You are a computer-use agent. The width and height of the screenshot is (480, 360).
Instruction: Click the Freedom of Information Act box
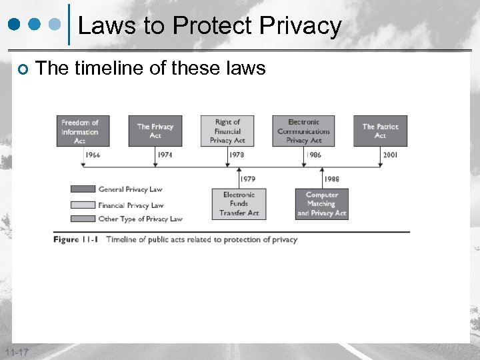(80, 131)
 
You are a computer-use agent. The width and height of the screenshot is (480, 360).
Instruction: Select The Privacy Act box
(155, 131)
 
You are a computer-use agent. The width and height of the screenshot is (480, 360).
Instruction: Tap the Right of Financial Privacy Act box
(227, 131)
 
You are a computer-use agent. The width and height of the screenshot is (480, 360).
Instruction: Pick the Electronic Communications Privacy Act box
(304, 131)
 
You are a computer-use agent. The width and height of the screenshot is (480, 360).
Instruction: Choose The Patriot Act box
(380, 131)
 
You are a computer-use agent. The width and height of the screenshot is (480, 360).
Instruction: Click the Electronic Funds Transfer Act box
(239, 204)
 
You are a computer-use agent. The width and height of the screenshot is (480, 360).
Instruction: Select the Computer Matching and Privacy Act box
(322, 204)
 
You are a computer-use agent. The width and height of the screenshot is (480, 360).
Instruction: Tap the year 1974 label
(165, 155)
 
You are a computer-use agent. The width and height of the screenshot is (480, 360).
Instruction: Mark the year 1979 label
(247, 179)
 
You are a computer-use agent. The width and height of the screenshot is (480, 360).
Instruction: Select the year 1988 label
(331, 179)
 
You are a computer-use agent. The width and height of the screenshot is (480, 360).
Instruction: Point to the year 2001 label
(391, 155)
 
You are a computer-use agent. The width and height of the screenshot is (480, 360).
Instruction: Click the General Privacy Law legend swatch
(83, 189)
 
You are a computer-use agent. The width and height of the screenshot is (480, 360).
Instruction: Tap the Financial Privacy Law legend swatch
(83, 205)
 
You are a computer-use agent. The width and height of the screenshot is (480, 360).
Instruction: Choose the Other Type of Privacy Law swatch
(83, 219)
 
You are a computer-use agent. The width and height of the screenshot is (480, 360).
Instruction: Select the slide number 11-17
(15, 351)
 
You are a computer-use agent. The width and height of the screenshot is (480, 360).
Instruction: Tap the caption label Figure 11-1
(76, 239)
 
